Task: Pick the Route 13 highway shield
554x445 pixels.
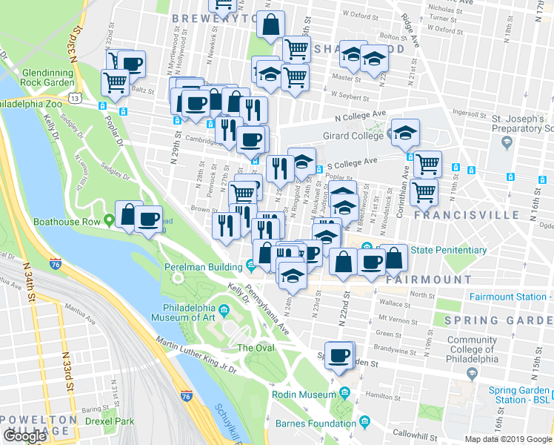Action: click(x=73, y=97)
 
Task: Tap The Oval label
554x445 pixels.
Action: click(x=254, y=348)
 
